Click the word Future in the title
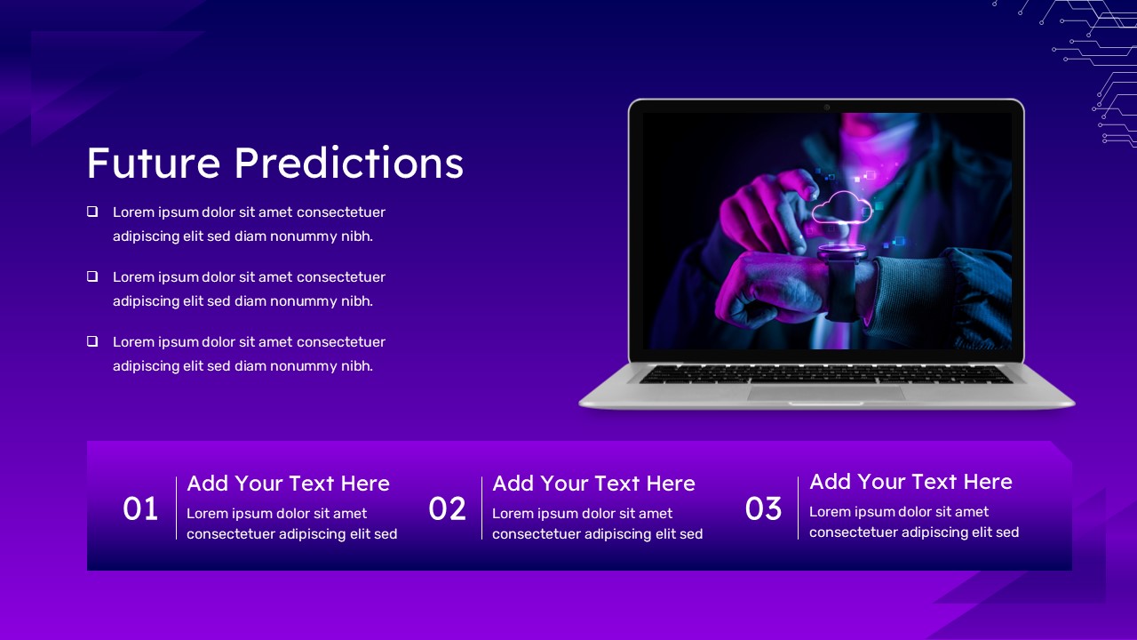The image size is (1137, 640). point(154,163)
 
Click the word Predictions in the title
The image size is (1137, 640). point(349,163)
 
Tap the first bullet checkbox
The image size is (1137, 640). point(92,212)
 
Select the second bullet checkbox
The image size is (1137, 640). point(92,276)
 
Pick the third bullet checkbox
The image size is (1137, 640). point(92,340)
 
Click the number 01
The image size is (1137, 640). point(140,508)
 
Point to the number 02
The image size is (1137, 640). point(447,508)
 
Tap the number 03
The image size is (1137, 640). point(763,508)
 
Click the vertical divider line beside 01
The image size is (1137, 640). point(176,508)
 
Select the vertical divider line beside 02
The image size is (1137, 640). point(481,508)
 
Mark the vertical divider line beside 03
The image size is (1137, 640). point(798,508)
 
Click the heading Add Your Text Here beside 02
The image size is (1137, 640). point(594,484)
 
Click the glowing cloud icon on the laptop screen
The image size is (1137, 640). point(842,207)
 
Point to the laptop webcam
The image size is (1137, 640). point(827,108)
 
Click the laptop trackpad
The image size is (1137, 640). point(826,394)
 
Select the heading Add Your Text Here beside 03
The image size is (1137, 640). point(911,482)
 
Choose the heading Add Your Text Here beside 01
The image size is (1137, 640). point(289,484)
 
